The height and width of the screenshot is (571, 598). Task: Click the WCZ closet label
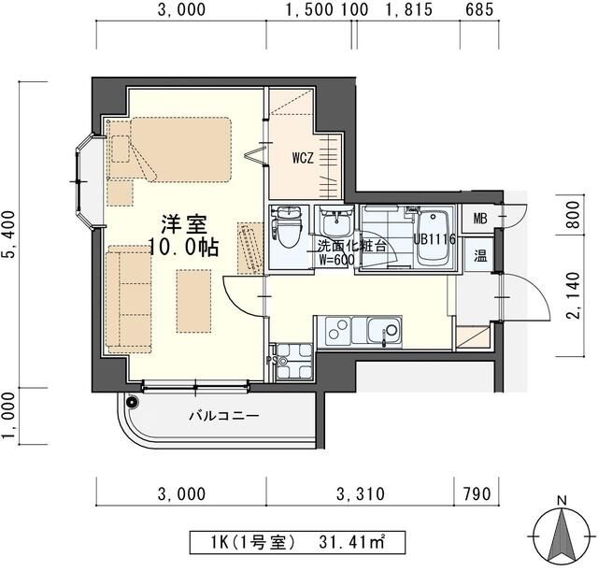click(303, 158)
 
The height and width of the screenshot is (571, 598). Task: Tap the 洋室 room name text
click(184, 224)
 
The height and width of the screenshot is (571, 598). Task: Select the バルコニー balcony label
click(224, 415)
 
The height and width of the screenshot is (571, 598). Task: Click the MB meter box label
click(480, 219)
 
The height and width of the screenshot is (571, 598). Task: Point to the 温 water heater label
click(480, 255)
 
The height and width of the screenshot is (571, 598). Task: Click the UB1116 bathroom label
click(434, 239)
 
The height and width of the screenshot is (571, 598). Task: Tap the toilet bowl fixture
click(287, 233)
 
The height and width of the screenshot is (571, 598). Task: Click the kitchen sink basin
click(383, 331)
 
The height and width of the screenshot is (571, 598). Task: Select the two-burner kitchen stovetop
click(338, 329)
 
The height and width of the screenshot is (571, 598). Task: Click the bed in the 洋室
click(170, 150)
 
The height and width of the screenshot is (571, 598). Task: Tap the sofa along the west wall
click(129, 299)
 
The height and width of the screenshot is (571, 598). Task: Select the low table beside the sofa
click(193, 301)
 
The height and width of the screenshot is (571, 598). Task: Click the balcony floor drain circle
click(132, 402)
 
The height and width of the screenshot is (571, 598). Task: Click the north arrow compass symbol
click(562, 535)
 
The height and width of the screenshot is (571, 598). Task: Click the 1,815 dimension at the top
click(409, 10)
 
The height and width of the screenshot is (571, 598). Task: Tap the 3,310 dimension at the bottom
click(361, 494)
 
